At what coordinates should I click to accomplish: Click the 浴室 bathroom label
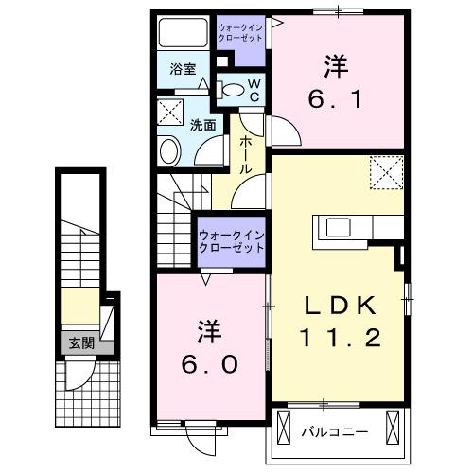pos(183,69)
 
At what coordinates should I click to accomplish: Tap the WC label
pos(254,89)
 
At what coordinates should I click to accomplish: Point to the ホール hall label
pos(245,153)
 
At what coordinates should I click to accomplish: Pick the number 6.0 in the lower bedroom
pos(210,360)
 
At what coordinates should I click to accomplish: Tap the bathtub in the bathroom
pos(184,34)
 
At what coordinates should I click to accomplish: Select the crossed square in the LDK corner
pos(384,173)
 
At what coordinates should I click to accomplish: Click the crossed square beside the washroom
pos(171,112)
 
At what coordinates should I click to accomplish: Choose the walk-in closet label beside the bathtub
pos(241,35)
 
